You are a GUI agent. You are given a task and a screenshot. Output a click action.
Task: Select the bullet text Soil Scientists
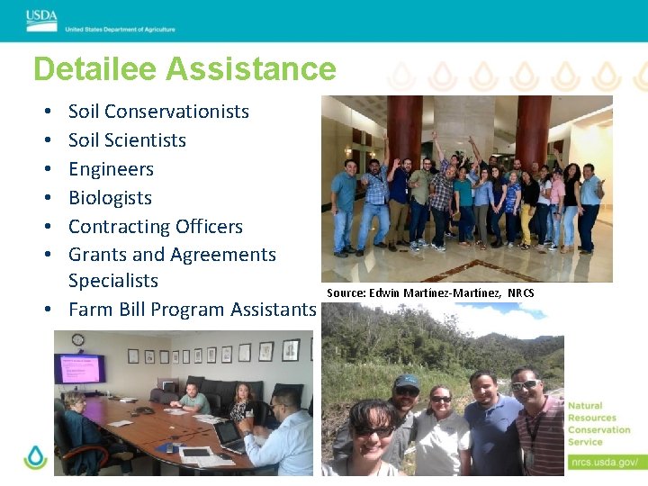pyautogui.click(x=127, y=140)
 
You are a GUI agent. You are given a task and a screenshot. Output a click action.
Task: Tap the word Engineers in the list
pyautogui.click(x=111, y=169)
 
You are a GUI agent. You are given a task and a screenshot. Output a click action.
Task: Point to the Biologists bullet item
pyautogui.click(x=110, y=198)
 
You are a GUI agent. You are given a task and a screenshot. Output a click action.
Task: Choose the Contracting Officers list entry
pyautogui.click(x=156, y=227)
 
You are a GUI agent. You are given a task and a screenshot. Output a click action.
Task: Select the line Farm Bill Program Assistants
pyautogui.click(x=192, y=310)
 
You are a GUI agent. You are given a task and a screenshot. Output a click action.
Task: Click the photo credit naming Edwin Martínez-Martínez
pyautogui.click(x=430, y=292)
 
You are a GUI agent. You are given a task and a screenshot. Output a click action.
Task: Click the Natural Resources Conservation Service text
pyautogui.click(x=598, y=424)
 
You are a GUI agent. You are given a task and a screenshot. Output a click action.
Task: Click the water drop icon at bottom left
pyautogui.click(x=35, y=458)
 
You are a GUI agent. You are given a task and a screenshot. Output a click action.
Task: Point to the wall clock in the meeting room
pyautogui.click(x=78, y=340)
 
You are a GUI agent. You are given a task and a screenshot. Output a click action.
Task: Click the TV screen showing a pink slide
pyautogui.click(x=80, y=368)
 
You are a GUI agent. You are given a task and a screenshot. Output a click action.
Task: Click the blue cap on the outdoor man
pyautogui.click(x=407, y=381)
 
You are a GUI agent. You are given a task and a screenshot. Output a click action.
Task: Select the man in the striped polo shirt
pyautogui.click(x=538, y=427)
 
